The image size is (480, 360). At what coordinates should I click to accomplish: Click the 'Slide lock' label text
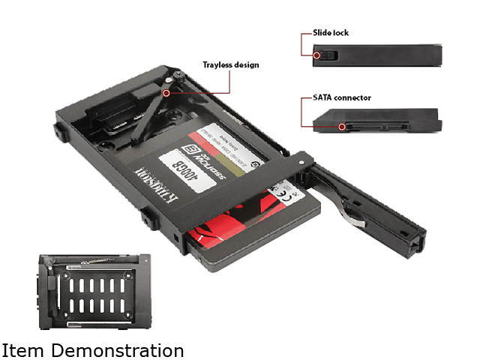coord(331,33)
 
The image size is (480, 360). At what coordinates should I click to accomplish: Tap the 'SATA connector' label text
coord(341,97)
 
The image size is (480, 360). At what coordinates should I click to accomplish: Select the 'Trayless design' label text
coord(231,64)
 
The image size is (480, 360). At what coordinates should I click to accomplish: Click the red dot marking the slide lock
coord(317,55)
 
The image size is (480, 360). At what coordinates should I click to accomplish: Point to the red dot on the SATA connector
coord(342,127)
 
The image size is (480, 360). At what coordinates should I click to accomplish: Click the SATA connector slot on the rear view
coord(375,126)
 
